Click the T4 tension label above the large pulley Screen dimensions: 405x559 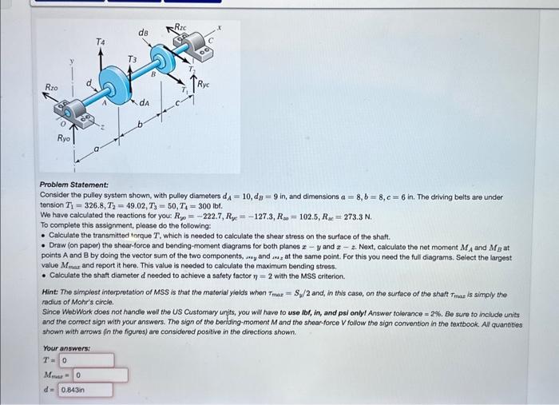100,40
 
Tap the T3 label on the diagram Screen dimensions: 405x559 133,60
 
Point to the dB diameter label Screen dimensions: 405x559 144,32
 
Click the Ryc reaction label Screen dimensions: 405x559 205,82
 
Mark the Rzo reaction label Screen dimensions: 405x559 51,86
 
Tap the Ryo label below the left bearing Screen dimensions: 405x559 63,138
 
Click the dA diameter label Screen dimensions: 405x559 145,103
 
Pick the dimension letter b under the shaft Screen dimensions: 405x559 138,126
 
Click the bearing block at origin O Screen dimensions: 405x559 73,115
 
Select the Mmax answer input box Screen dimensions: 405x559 100,375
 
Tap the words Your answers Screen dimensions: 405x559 65,348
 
